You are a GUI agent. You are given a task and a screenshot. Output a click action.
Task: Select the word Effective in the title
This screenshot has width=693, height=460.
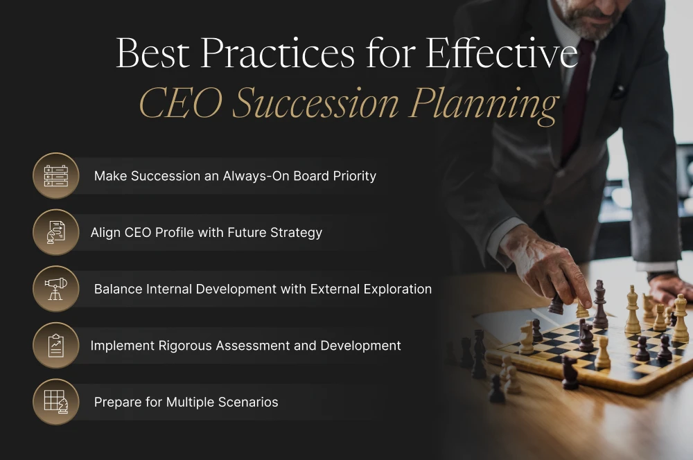502,54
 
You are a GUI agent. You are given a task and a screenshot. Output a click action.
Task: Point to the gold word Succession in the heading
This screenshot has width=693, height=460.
316,104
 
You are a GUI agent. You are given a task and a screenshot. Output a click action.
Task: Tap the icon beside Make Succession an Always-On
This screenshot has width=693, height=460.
55,175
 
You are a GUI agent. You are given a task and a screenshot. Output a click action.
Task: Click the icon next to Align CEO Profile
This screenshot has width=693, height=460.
55,232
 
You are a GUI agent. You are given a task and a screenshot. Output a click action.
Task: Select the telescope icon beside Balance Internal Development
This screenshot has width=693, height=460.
55,288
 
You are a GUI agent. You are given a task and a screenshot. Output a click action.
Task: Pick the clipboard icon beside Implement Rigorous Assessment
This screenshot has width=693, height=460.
55,345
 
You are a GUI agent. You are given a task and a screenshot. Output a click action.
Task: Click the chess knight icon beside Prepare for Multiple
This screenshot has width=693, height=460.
55,402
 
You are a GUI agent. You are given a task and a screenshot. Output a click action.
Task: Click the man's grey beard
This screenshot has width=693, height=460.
589,24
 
